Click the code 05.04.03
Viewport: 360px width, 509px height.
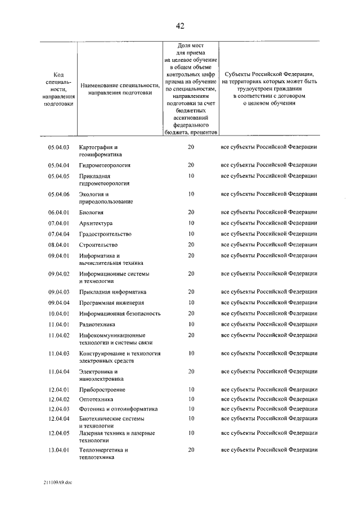tap(58, 147)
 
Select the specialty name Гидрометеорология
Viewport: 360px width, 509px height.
tap(105, 165)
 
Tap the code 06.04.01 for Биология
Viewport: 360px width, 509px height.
tap(58, 213)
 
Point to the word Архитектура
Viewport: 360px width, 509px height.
tap(96, 223)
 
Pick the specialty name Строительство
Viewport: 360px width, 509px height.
tap(98, 245)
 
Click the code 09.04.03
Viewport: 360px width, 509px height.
tap(58, 292)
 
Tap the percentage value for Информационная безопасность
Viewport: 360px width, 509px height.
tap(191, 313)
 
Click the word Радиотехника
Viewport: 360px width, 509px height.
tap(97, 325)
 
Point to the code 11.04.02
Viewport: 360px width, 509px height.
tap(58, 335)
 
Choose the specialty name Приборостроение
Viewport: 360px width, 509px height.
tap(102, 390)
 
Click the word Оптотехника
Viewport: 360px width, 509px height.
tap(96, 399)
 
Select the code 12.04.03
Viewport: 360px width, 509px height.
tap(58, 409)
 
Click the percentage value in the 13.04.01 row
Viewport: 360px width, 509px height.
tap(191, 450)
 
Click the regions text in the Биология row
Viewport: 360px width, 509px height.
tap(269, 213)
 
